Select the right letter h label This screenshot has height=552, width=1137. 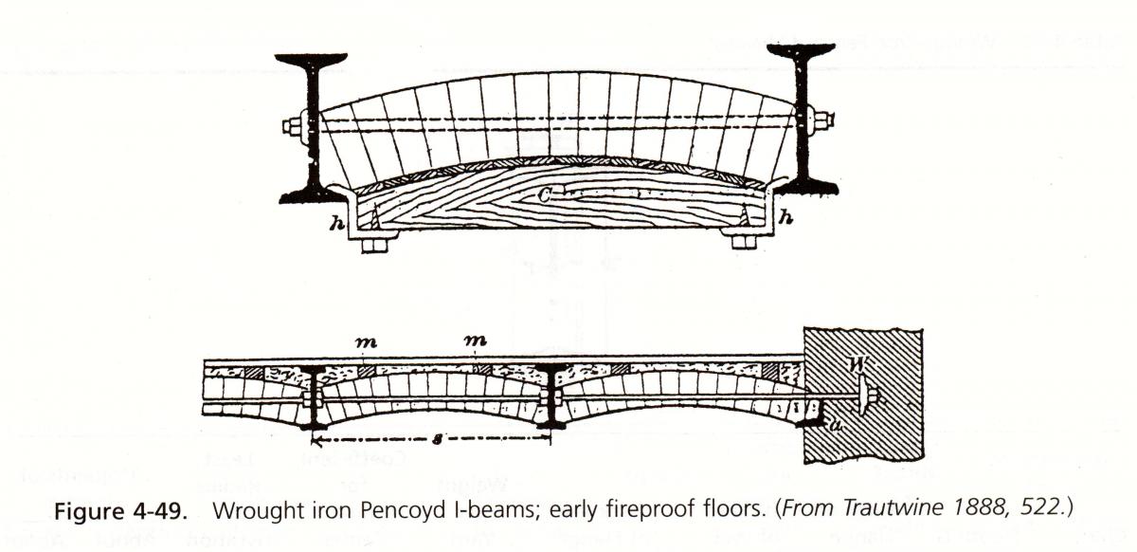pyautogui.click(x=785, y=218)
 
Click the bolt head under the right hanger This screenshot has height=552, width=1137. pyautogui.click(x=744, y=241)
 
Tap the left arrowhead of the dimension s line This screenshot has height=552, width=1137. pyautogui.click(x=318, y=441)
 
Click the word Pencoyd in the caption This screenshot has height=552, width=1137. pyautogui.click(x=401, y=508)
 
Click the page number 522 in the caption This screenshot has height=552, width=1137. pyautogui.click(x=1040, y=508)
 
